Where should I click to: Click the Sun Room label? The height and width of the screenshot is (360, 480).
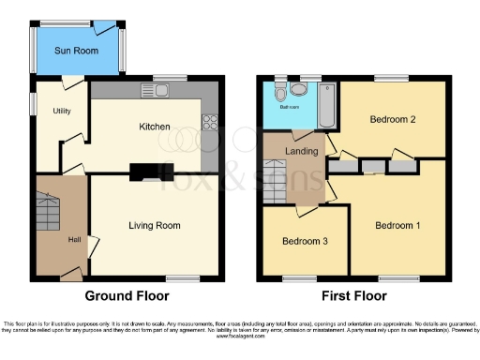75,51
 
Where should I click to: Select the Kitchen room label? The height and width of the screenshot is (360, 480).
155,127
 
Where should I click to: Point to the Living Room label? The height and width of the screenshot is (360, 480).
155,225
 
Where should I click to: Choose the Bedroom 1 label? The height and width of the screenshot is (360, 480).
398,226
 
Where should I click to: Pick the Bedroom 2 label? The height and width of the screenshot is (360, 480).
392,120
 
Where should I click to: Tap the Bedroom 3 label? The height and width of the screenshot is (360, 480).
305,241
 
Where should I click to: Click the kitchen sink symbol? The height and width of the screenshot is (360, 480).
155,90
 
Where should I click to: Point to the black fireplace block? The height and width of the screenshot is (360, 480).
146,172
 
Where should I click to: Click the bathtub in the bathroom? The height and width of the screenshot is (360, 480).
325,105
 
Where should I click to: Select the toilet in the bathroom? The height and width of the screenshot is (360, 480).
298,89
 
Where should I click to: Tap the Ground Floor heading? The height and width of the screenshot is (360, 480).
127,295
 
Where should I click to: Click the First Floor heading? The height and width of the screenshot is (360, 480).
354,295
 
